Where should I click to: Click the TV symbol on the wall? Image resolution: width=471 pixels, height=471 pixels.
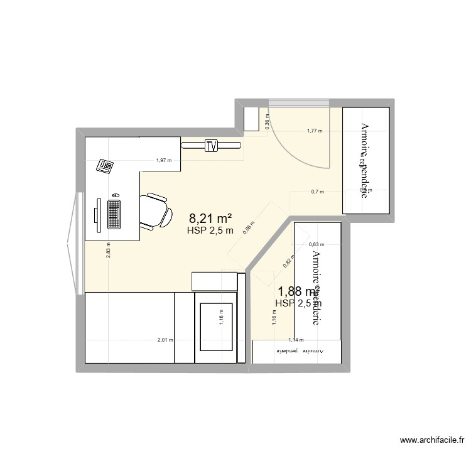pyautogui.click(x=211, y=146)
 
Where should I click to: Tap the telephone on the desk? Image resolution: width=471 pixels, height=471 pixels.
pyautogui.click(x=105, y=166)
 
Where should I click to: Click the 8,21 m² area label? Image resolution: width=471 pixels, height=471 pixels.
pyautogui.click(x=210, y=219)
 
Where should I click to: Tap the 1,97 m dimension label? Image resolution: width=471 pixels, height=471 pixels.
pyautogui.click(x=164, y=160)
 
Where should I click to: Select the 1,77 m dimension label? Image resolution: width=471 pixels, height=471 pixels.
pyautogui.click(x=314, y=131)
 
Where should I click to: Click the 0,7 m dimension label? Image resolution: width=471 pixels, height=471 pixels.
pyautogui.click(x=317, y=192)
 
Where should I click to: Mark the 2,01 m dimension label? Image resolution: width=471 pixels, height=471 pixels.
pyautogui.click(x=165, y=340)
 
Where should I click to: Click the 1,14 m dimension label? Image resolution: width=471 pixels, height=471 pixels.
pyautogui.click(x=296, y=340)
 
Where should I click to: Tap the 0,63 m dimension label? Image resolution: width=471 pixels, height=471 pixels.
pyautogui.click(x=317, y=245)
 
